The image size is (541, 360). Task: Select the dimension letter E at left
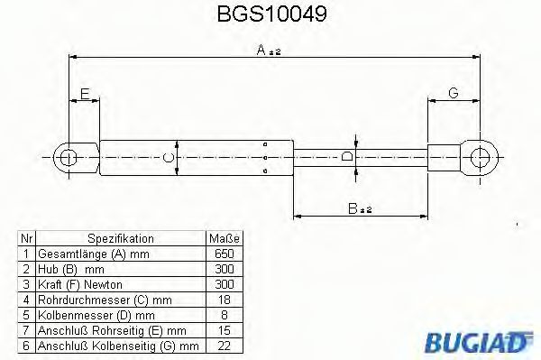click(84, 93)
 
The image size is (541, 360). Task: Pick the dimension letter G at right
click(453, 93)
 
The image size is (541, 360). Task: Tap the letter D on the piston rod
click(348, 157)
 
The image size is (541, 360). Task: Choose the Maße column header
click(225, 239)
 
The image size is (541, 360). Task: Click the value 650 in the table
click(225, 254)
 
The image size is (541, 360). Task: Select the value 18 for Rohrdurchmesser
click(225, 300)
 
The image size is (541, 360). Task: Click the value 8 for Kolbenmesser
click(225, 315)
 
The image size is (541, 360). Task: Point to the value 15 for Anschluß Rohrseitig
click(225, 330)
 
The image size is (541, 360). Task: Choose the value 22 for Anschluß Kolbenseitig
click(225, 346)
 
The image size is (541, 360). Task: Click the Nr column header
click(26, 239)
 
